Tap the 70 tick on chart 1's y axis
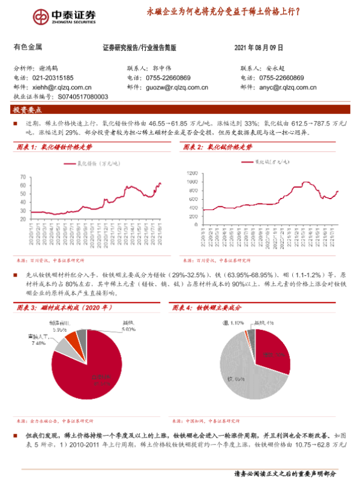22,177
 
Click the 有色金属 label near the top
27,47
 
